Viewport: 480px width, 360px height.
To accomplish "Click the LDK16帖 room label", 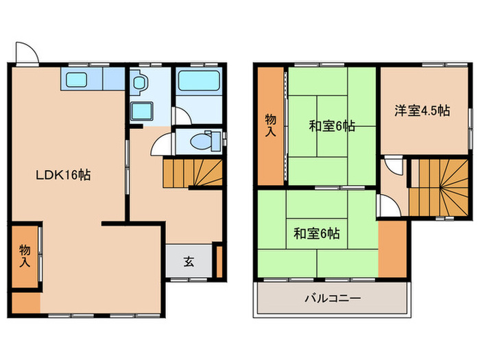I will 63,174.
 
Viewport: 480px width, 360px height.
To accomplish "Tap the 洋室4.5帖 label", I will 422,110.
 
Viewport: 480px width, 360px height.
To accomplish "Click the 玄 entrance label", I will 188,261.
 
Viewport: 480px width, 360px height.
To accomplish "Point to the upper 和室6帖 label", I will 331,125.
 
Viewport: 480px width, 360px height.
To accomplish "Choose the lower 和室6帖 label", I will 317,233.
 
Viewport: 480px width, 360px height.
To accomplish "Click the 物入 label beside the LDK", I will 24,254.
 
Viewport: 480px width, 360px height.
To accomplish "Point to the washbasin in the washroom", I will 140,83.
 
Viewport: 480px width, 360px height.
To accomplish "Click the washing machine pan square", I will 142,110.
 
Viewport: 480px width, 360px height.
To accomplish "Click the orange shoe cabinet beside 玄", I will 219,261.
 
